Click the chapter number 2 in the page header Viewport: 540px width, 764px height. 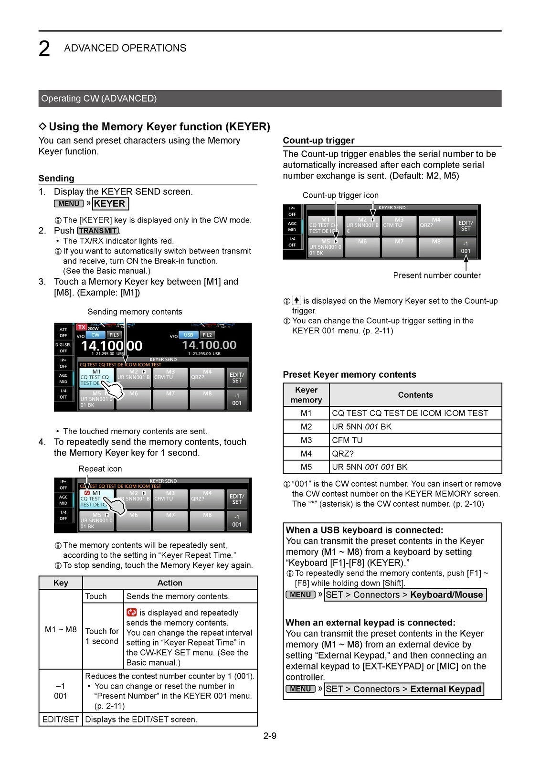[44, 49]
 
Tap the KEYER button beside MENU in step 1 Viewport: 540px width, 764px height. [110, 204]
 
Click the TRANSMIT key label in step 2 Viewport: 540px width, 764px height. [98, 231]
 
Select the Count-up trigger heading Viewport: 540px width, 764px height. [318, 140]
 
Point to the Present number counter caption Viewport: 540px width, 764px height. [436, 276]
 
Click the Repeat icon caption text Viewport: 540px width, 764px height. [100, 469]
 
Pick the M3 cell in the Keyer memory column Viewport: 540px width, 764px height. [306, 440]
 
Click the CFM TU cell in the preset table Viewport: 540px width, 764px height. [347, 440]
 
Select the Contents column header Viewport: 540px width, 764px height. [415, 395]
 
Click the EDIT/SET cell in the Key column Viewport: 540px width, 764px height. [61, 720]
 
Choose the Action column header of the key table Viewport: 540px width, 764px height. [169, 583]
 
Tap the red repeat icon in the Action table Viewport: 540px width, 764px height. [132, 613]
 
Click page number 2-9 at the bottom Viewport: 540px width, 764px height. [270, 736]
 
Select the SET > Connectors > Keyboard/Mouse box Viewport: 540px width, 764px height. [405, 595]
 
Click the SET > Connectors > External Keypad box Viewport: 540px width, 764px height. [403, 689]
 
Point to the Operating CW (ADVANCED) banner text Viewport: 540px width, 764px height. [99, 99]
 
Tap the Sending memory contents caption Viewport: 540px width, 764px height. [135, 312]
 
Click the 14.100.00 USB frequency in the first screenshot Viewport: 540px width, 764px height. [209, 345]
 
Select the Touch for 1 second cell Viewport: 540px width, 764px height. [102, 636]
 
